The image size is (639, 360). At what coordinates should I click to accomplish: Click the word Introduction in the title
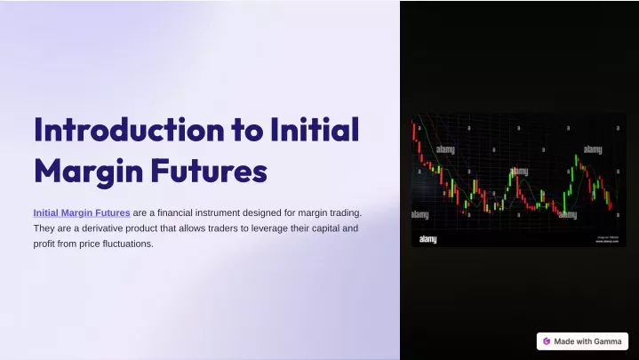pyautogui.click(x=129, y=130)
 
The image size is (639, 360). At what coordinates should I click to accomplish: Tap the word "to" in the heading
pyautogui.click(x=247, y=131)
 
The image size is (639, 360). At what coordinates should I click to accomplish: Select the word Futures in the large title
pyautogui.click(x=209, y=172)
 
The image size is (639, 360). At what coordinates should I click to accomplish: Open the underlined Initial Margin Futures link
pyautogui.click(x=82, y=212)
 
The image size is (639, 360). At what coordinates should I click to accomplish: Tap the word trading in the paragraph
pyautogui.click(x=345, y=213)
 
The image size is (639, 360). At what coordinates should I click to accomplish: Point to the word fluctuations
pyautogui.click(x=128, y=244)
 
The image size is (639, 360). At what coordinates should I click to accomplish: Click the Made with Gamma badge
pyautogui.click(x=582, y=341)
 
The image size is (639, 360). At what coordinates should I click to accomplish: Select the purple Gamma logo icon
pyautogui.click(x=547, y=341)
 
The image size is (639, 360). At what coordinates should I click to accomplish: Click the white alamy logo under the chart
pyautogui.click(x=427, y=239)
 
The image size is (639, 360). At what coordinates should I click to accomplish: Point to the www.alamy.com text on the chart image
pyautogui.click(x=607, y=242)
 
